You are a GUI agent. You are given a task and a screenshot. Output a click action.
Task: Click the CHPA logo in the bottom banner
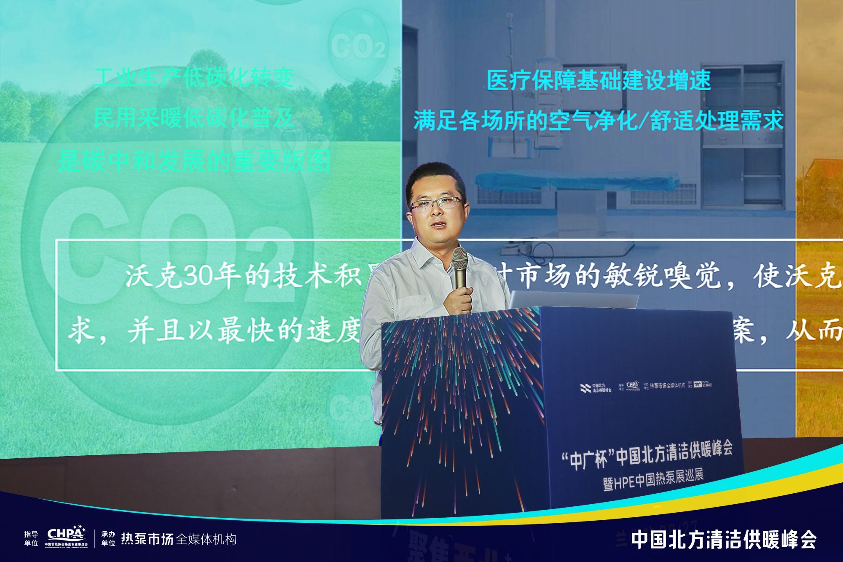click(66, 535)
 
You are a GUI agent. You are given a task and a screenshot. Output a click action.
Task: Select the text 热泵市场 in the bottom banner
click(147, 539)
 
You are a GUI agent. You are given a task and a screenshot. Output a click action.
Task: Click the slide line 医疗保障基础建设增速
click(599, 80)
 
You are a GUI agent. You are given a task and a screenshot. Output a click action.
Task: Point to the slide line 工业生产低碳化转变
click(193, 78)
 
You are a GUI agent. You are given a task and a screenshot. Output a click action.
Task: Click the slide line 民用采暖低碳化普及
click(193, 118)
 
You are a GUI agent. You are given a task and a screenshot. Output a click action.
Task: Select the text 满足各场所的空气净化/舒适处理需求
click(599, 121)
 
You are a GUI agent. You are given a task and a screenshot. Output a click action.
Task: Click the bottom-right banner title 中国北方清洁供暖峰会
click(723, 540)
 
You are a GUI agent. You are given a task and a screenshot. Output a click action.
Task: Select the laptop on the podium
click(573, 299)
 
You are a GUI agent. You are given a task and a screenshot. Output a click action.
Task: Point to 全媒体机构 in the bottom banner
click(206, 540)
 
